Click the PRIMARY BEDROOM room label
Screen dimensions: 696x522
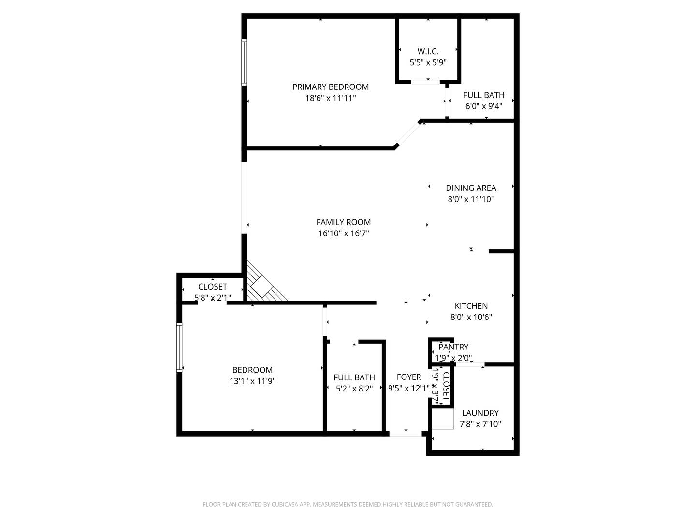[x=331, y=87]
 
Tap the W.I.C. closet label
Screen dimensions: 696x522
[x=428, y=51]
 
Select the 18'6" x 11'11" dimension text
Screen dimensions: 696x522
[x=331, y=98]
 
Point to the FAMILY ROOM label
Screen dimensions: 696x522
[x=343, y=222]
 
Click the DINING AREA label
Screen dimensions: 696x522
[x=471, y=188]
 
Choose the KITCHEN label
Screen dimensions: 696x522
[x=471, y=306]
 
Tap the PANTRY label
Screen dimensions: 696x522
[x=453, y=347]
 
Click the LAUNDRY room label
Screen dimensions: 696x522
[x=480, y=413]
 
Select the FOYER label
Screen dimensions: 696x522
[x=409, y=377]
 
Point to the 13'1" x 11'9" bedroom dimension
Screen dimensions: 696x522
[x=252, y=381]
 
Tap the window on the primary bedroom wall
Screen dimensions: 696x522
[x=244, y=62]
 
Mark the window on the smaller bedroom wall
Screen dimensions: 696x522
[x=179, y=348]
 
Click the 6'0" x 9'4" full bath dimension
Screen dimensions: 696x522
[x=484, y=106]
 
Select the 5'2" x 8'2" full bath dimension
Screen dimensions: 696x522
[x=354, y=389]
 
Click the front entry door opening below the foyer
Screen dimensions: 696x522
[x=406, y=434]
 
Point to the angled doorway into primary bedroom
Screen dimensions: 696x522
[x=408, y=134]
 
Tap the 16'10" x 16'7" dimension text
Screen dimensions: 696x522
[x=344, y=233]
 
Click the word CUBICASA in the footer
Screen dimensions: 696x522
[x=285, y=504]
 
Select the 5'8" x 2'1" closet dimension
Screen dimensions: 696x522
[x=213, y=298]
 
